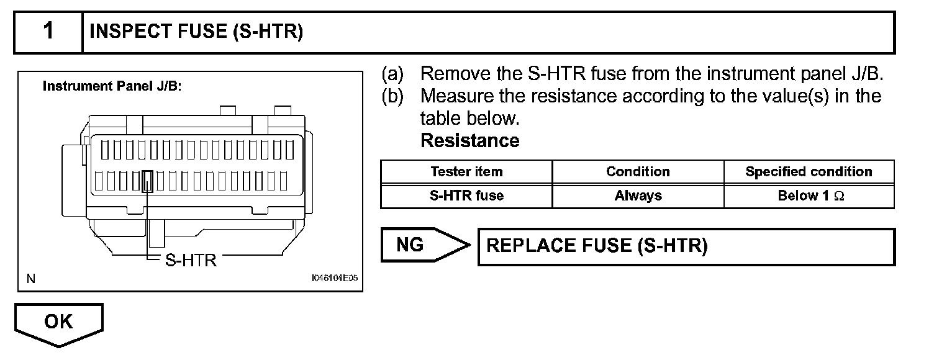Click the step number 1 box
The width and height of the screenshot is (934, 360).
pos(48,32)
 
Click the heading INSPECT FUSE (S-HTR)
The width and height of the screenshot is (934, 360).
pos(196,32)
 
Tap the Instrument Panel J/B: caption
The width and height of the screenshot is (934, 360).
pos(112,86)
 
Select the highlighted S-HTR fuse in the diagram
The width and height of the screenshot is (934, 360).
pos(148,181)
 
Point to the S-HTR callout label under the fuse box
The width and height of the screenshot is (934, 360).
pos(191,260)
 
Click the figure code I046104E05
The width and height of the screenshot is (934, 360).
pos(335,279)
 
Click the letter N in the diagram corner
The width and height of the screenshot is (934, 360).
pos(30,279)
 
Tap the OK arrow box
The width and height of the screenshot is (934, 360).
pos(58,323)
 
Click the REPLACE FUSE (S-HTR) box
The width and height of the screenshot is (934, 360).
pos(686,246)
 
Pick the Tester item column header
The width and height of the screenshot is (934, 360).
pos(466,172)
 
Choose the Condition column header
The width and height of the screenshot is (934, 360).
pos(638,172)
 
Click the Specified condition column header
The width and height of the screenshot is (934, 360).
pos(809,172)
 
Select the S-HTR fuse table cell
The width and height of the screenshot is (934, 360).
pos(466,196)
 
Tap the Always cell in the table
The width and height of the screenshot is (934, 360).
pos(638,196)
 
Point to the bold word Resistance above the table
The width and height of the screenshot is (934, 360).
pos(469,141)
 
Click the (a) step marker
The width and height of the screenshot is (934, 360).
pos(392,74)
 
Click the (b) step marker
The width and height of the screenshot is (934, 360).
pos(392,96)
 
